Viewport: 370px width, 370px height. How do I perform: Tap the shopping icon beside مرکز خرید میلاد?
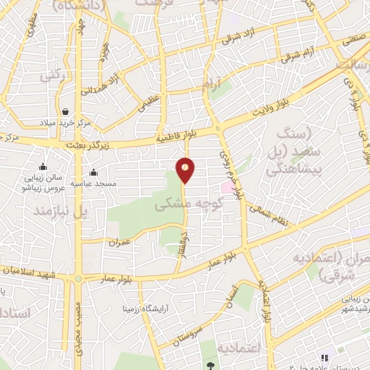click(x=66, y=112)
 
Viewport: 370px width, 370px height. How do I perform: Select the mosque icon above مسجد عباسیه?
click(x=93, y=172)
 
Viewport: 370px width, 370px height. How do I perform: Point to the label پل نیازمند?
click(x=60, y=212)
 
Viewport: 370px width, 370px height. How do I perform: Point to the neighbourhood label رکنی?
click(x=50, y=74)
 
